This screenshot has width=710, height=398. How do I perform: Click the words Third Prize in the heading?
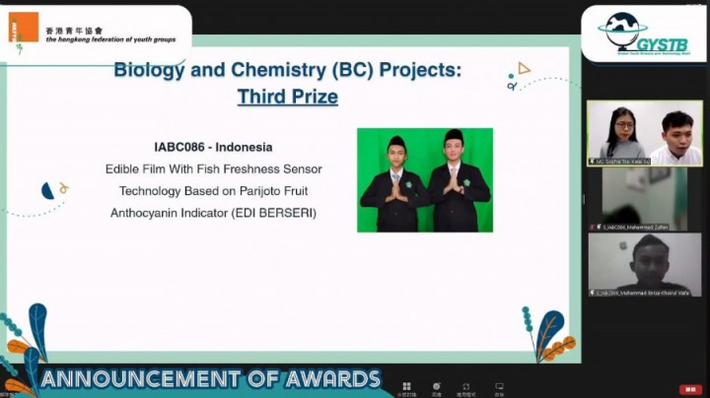point(287,97)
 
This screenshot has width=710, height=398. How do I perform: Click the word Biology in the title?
point(149,71)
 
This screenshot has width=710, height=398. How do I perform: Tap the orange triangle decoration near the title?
point(524,68)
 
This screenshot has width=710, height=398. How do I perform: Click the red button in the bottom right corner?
point(690,389)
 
